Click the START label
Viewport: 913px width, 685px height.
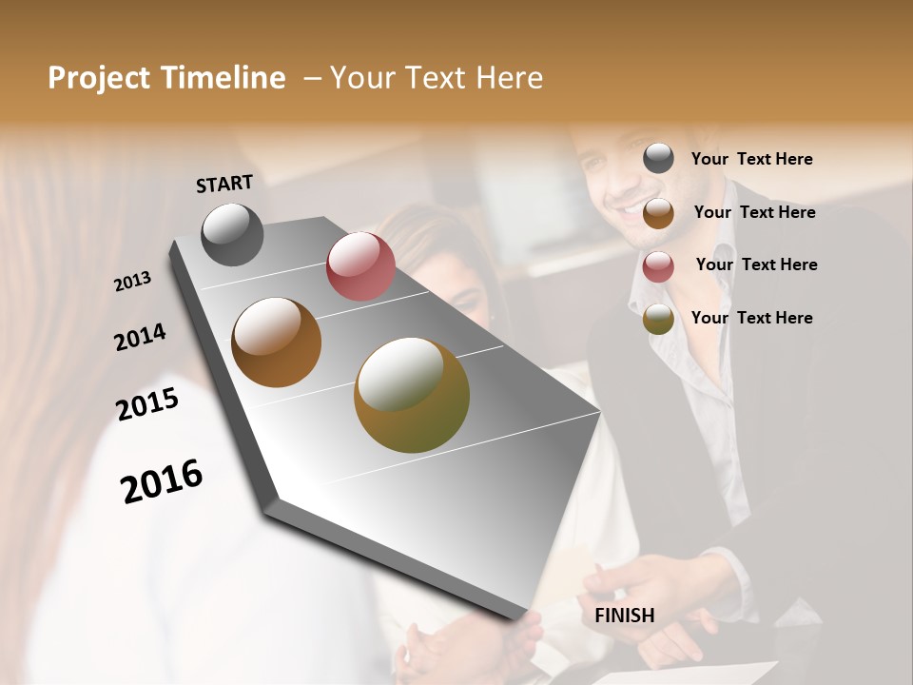224,184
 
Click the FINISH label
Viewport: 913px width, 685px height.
624,616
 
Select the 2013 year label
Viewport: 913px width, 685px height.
132,282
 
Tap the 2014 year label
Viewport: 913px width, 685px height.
140,338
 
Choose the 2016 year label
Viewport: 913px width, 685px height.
162,480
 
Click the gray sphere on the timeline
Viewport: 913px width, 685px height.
232,234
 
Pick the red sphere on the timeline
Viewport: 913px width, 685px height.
360,266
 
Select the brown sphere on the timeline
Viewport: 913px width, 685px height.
277,342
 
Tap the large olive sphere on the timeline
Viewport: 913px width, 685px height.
412,395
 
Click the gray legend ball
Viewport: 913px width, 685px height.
658,158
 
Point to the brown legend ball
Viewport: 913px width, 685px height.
658,213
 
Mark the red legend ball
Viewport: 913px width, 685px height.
658,266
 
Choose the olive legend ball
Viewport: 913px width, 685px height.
658,319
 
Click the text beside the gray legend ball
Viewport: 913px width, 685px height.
751,160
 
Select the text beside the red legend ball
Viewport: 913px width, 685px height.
756,264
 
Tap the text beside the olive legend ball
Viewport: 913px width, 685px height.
751,318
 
